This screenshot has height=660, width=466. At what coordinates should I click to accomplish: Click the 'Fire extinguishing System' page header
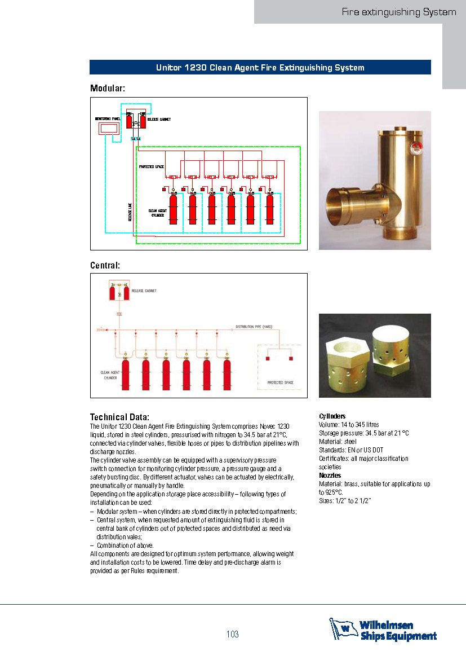pos(398,12)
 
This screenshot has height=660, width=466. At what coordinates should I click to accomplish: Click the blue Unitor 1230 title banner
pos(260,68)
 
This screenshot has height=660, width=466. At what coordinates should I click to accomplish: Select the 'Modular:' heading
pos(108,89)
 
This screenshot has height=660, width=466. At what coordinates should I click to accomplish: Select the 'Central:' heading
pos(105,265)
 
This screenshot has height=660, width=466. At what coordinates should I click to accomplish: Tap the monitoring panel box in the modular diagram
pos(108,128)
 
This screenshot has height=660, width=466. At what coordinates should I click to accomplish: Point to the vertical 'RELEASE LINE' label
pos(130,212)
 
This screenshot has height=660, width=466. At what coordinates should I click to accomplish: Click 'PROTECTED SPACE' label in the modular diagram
pos(151,167)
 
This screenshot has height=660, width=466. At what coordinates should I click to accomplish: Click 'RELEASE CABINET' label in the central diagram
pos(144,291)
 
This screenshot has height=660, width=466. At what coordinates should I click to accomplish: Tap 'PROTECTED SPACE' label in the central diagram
pos(280,382)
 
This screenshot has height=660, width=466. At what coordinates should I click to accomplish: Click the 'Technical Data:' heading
pos(119,417)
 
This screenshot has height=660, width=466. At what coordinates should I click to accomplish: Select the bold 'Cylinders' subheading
pos(332,416)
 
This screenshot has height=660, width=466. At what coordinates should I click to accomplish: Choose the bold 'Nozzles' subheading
pos(330,476)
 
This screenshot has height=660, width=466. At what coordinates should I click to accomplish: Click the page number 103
pos(233,635)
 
